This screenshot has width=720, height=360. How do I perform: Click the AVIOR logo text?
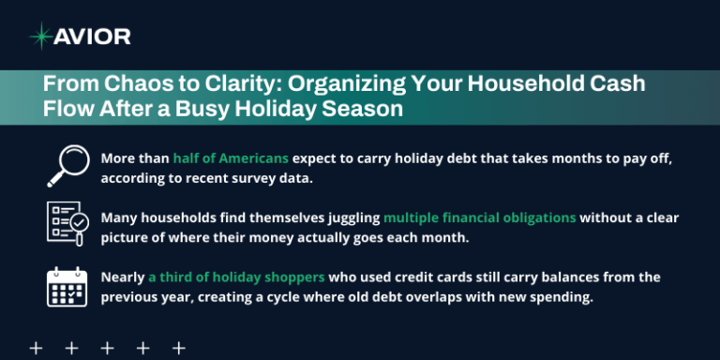pyautogui.click(x=93, y=37)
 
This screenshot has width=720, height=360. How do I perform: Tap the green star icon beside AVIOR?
pyautogui.click(x=41, y=37)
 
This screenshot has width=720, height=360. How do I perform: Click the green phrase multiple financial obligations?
pyautogui.click(x=479, y=217)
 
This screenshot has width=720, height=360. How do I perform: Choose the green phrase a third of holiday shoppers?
pyautogui.click(x=235, y=277)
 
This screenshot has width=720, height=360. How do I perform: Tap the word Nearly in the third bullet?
pyautogui.click(x=122, y=277)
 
